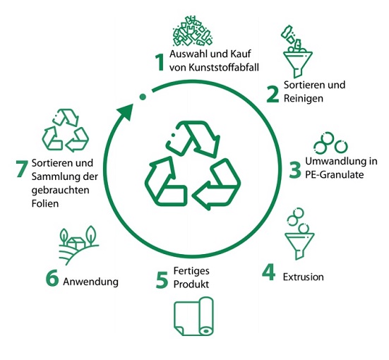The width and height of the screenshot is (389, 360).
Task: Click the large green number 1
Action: coord(160,62)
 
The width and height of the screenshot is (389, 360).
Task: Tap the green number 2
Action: coord(273,95)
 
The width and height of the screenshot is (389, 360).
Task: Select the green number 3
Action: coord(295,169)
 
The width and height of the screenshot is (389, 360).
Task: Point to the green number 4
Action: coord(269,272)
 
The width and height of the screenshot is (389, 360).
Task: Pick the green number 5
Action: coord(162,280)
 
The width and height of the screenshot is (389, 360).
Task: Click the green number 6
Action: coord(52,277)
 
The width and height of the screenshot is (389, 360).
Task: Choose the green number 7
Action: coord(22,169)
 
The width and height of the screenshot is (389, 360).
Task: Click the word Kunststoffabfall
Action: coord(224,68)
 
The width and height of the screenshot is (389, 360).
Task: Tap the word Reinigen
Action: coord(304,99)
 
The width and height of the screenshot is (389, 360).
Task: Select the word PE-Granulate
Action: coord(335,174)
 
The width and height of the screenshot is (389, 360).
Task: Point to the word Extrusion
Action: coord(304,277)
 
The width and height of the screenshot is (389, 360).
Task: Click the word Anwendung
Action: coord(90,282)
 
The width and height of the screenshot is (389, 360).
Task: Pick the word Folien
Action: coord(45,203)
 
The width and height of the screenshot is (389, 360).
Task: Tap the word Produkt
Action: coord(191,284)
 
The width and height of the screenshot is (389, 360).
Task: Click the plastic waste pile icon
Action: coord(192,31)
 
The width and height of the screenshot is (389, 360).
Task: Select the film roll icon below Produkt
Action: coord(193,316)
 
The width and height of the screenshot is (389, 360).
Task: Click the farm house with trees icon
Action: coord(78,245)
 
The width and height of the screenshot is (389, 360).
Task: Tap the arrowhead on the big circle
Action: coord(126,112)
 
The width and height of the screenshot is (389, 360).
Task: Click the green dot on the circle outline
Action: coord(143,97)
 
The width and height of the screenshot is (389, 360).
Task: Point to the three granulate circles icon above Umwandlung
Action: coord(330,143)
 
